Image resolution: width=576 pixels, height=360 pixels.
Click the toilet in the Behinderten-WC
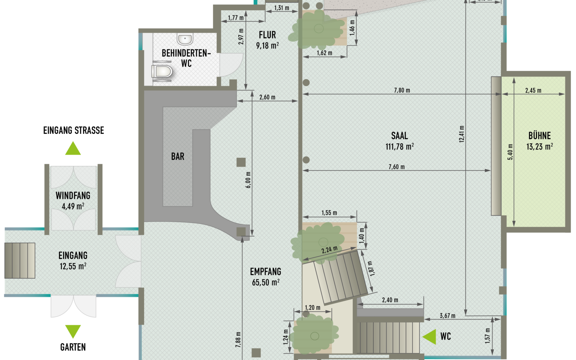click(162, 71)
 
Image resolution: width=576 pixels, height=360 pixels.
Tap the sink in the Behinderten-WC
click(185, 39)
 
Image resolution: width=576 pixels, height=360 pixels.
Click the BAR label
click(178, 156)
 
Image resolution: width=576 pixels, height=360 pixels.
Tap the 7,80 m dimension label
click(402, 90)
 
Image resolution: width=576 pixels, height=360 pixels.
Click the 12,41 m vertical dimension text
click(461, 134)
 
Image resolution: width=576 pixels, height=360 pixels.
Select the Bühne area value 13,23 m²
click(540, 147)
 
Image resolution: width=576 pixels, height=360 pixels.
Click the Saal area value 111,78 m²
click(400, 147)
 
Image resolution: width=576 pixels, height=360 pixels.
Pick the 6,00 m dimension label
click(248, 180)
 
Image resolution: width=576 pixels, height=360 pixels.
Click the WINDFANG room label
click(73, 196)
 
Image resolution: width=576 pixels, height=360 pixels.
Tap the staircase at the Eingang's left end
click(20, 261)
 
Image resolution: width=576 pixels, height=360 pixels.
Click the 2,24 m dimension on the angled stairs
click(329, 250)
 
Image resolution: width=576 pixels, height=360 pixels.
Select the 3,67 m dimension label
click(447, 315)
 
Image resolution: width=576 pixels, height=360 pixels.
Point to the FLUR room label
click(267, 35)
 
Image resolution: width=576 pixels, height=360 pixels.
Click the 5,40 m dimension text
click(510, 152)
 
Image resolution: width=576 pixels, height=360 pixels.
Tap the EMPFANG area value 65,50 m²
click(266, 283)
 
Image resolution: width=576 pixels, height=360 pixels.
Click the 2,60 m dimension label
click(267, 97)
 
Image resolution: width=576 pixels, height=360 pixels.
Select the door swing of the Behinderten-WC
click(231, 65)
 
